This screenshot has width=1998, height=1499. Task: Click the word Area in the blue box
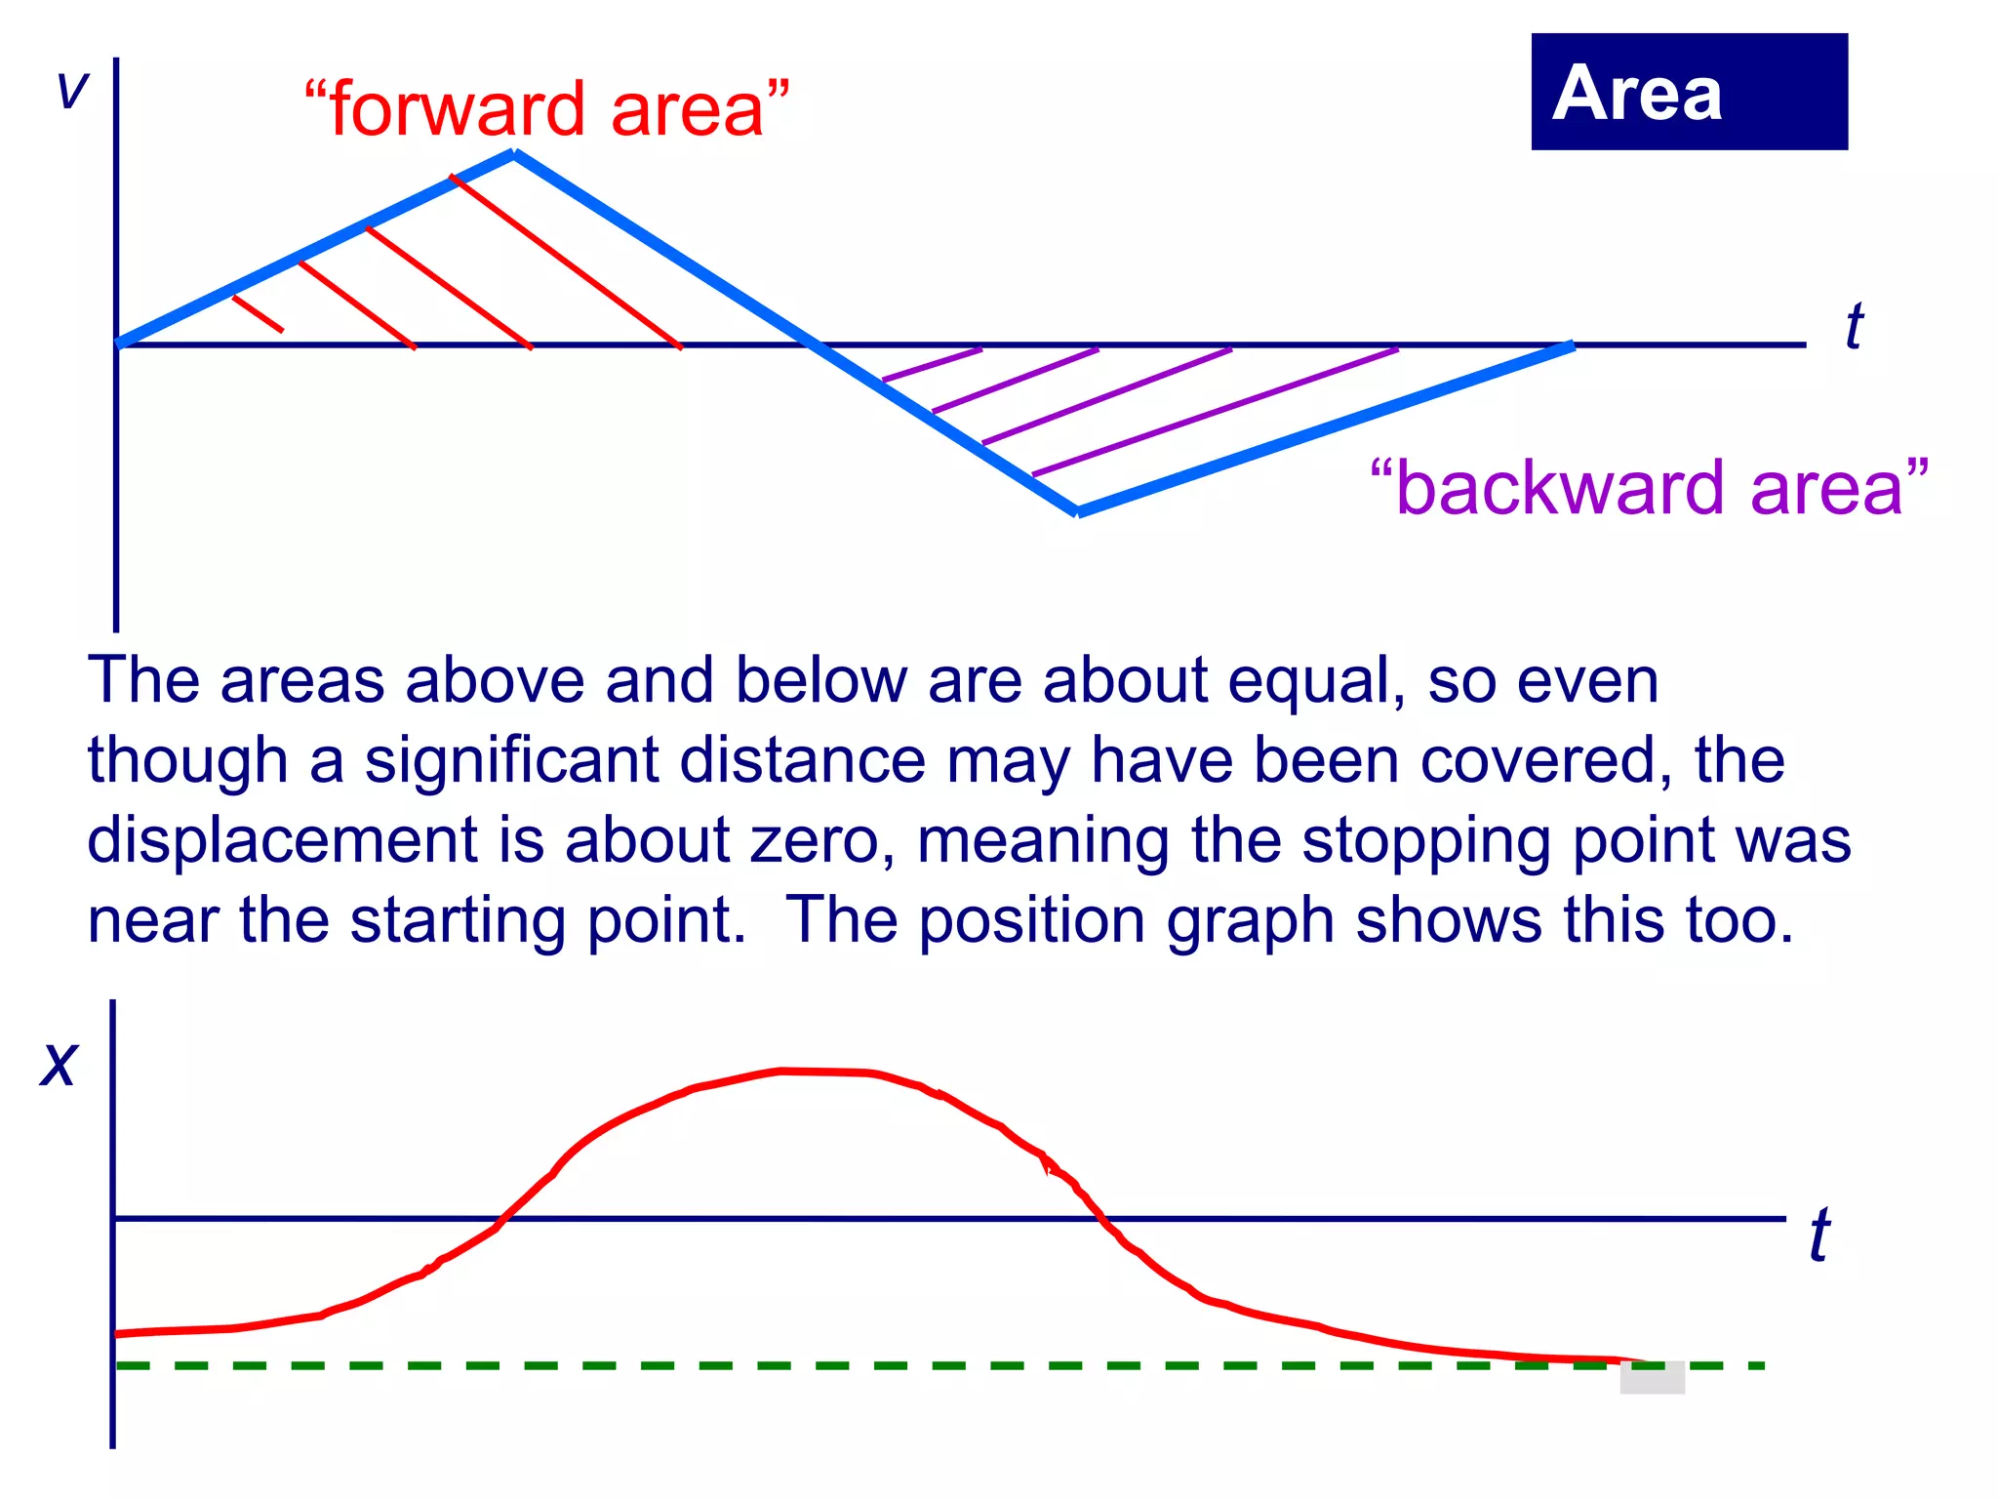(1636, 94)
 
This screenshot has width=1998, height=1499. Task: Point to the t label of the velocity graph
(1854, 326)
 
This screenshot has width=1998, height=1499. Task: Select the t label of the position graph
(1819, 1236)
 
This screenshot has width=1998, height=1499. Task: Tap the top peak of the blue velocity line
(514, 153)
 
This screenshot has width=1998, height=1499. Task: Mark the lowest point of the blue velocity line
(1077, 510)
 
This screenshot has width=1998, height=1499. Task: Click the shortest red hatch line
(258, 314)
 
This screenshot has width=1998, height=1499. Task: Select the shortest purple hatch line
(932, 364)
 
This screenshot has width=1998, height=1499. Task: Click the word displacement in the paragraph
(282, 839)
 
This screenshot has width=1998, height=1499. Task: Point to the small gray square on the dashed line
(1652, 1377)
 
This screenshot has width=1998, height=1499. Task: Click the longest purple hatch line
(1215, 412)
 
